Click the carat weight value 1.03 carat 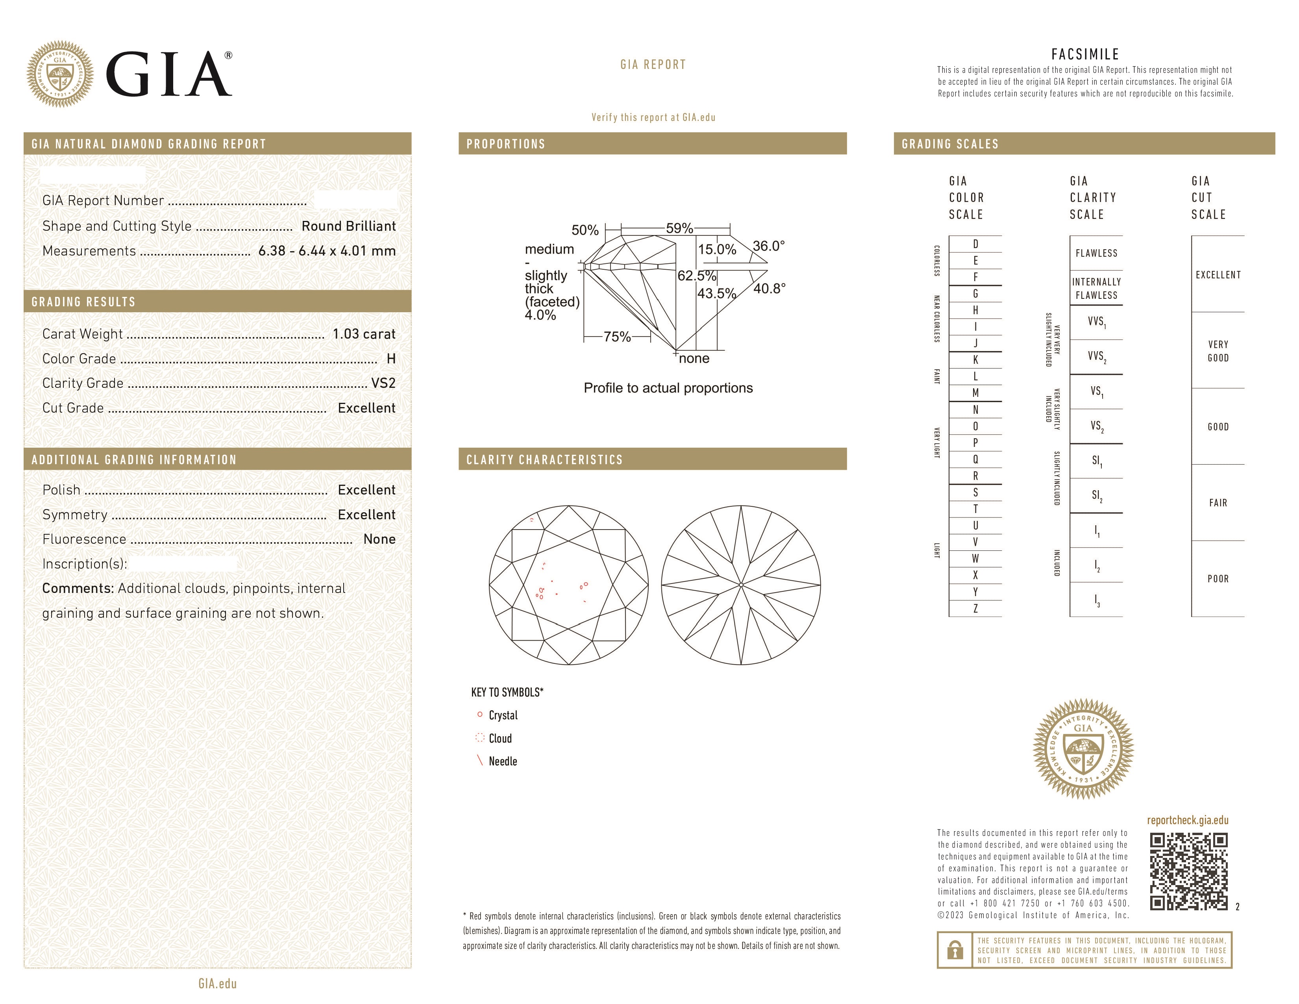tap(363, 334)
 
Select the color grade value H tap(391, 359)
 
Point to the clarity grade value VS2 tap(383, 383)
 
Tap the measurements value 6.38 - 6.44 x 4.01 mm tap(327, 251)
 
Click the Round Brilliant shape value tap(348, 226)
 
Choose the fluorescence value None tap(379, 539)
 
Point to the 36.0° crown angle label tap(768, 246)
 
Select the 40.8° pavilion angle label tap(769, 289)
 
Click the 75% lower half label tap(617, 337)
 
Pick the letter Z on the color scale tap(975, 608)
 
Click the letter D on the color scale tap(975, 244)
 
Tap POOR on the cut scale tap(1218, 579)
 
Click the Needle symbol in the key tap(479, 761)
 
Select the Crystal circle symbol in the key tap(479, 714)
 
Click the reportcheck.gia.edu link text tap(1187, 820)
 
